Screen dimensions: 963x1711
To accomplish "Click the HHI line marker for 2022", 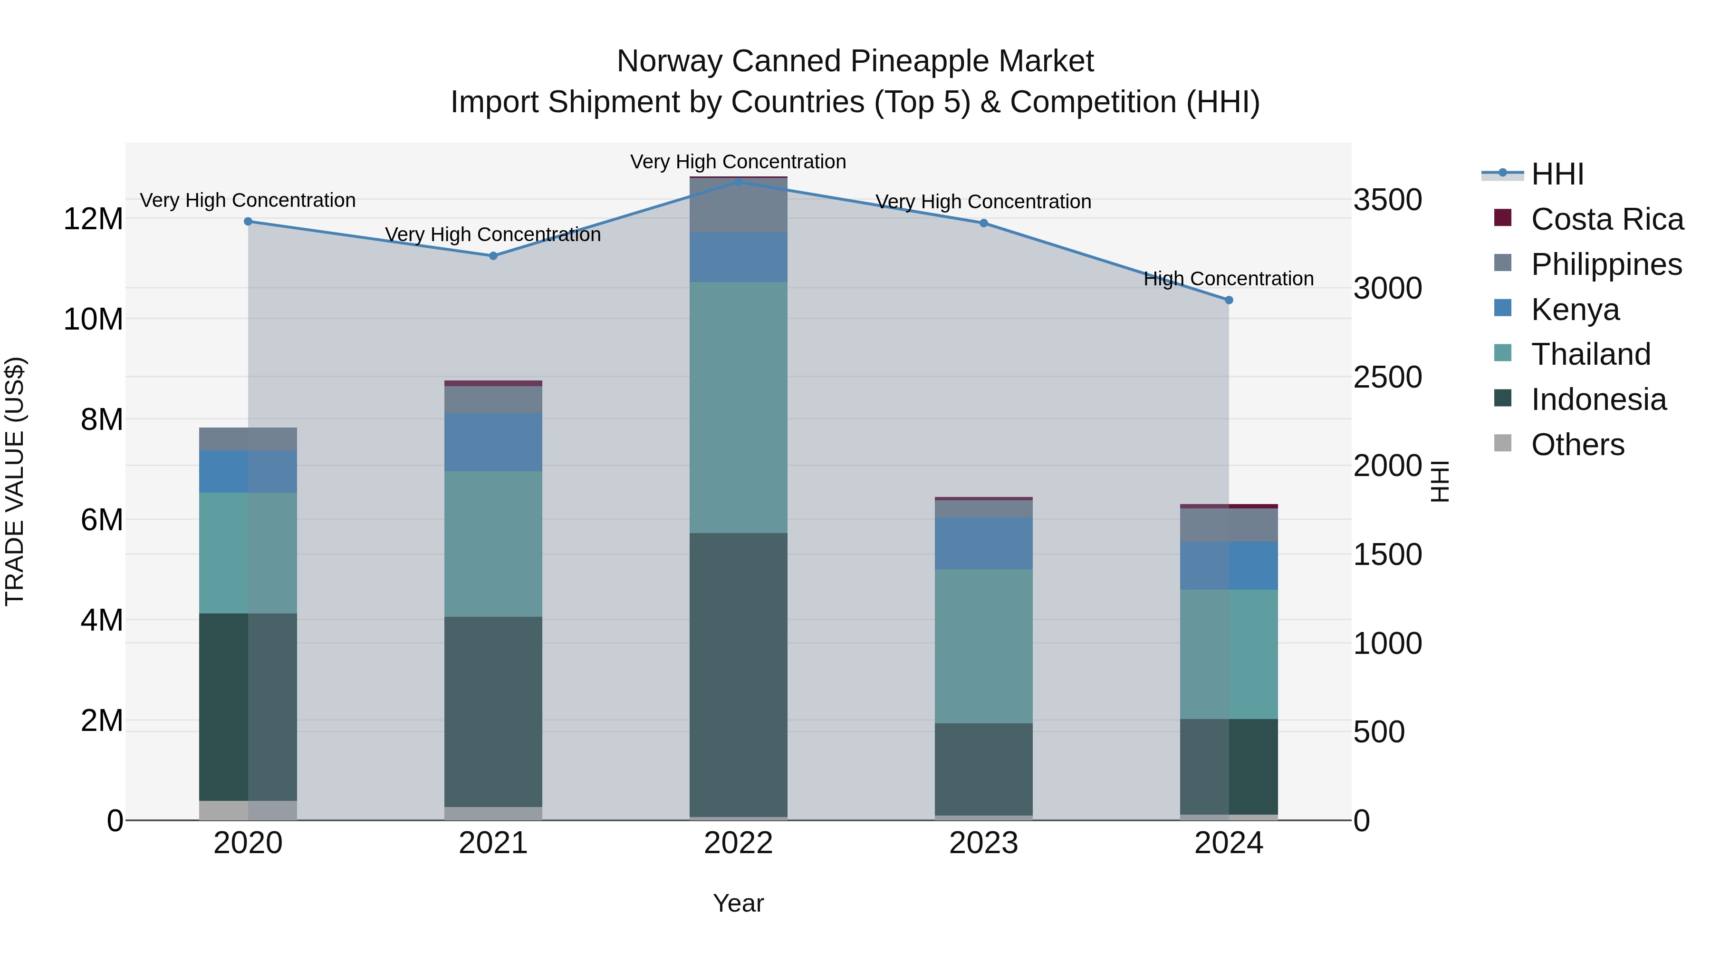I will click(738, 182).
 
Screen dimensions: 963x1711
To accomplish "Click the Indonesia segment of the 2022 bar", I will click(738, 674).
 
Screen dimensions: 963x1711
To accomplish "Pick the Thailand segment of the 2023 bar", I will click(983, 646).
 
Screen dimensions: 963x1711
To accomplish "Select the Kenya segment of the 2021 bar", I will click(493, 442).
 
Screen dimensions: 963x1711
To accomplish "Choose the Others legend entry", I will click(1577, 445).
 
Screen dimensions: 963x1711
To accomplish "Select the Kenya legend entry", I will click(1575, 310).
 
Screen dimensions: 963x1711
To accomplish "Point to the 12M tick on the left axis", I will click(93, 219).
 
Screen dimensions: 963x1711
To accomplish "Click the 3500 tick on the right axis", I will click(1387, 200).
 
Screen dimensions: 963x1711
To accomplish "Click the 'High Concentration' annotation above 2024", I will click(1228, 279).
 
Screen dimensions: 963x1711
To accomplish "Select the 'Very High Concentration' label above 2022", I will click(738, 162).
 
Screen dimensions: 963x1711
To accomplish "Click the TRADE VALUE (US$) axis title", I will click(15, 481).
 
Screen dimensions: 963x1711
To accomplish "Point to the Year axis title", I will click(738, 903).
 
